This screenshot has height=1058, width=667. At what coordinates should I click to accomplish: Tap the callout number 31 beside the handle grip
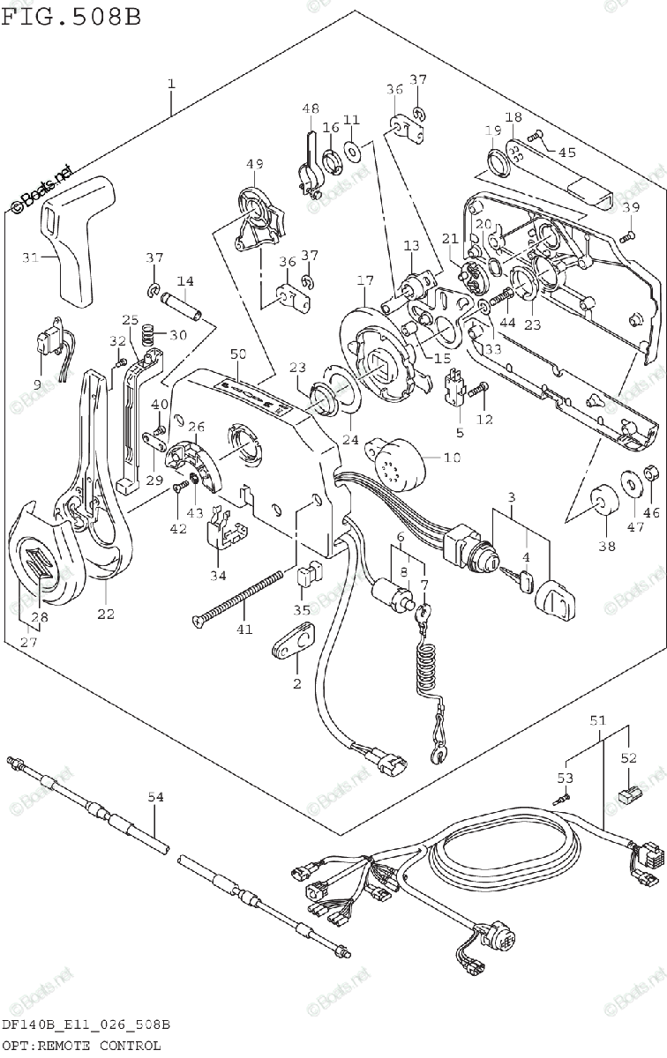(x=30, y=257)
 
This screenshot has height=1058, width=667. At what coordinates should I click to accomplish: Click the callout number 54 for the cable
(x=155, y=798)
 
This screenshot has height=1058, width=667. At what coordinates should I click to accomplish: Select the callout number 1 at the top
(x=171, y=85)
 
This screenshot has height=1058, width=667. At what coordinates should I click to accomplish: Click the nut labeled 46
(x=654, y=474)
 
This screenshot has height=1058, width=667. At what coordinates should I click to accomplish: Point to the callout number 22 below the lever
(x=106, y=615)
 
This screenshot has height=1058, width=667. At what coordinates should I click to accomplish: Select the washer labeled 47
(x=633, y=481)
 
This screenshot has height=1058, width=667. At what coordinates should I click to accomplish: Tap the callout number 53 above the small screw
(x=565, y=778)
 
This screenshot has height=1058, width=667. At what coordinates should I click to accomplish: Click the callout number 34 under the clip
(x=217, y=576)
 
